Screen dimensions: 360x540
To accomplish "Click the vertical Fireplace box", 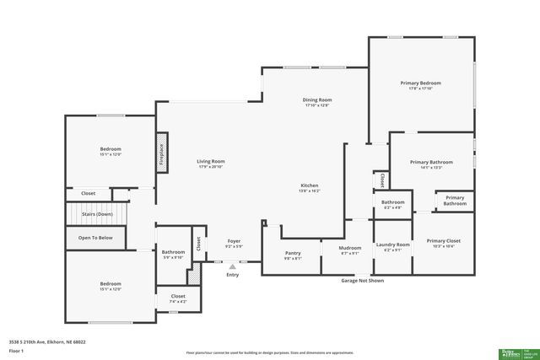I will pos(161,153).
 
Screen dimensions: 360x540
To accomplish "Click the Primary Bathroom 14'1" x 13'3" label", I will pos(431,163).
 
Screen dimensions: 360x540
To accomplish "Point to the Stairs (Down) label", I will pos(97,214).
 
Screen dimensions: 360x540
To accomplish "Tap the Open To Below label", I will pos(95,238).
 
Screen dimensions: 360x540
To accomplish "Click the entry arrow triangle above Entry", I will pos(232,266).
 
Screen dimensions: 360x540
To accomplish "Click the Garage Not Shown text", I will pos(362,280).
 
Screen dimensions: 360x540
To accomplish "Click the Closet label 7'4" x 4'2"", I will pos(178,297).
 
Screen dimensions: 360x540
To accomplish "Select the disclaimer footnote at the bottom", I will pos(269,353).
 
